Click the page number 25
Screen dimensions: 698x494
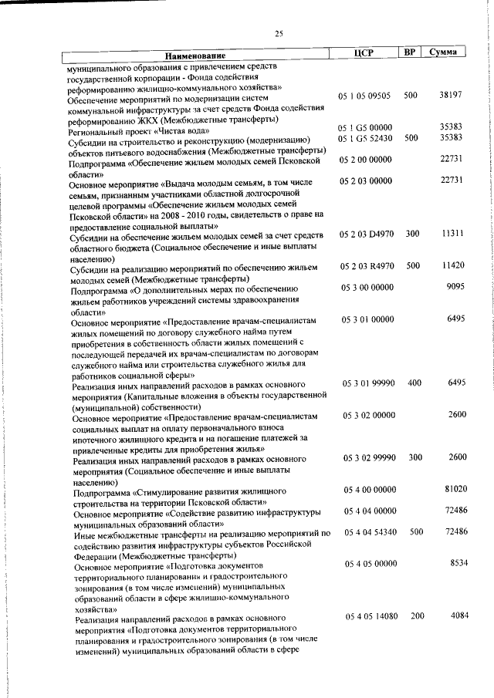(279, 32)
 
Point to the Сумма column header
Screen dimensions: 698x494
(445, 51)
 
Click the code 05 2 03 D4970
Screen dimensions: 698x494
(366, 233)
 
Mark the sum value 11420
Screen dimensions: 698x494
(451, 265)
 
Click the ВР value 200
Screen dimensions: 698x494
(417, 615)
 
